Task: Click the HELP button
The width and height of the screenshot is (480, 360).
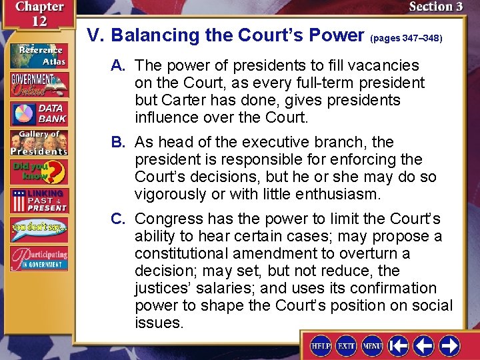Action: [321, 347]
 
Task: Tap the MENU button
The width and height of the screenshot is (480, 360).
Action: [372, 347]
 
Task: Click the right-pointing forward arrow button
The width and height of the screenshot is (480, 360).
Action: [449, 346]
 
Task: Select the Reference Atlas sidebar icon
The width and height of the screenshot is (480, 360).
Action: [38, 55]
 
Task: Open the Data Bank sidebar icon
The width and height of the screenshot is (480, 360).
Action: [38, 113]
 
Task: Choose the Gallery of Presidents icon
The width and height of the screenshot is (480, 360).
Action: [38, 142]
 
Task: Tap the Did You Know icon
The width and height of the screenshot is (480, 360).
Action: [38, 172]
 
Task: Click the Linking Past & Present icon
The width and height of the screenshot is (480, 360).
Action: [38, 201]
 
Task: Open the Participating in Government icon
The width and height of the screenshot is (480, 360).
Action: [38, 259]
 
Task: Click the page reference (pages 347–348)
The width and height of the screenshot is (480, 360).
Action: [406, 38]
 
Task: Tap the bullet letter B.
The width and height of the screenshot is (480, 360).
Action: [119, 143]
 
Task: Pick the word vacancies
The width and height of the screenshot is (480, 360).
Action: [386, 66]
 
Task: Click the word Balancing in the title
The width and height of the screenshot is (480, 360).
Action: [157, 35]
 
